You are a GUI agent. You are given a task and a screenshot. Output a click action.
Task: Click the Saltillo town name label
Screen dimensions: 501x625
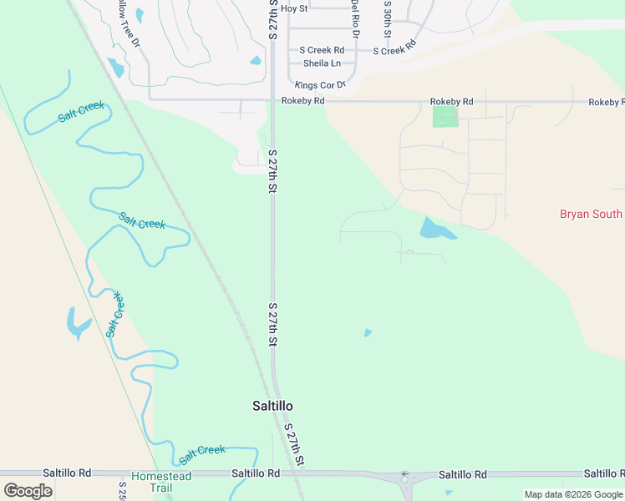[x=272, y=406]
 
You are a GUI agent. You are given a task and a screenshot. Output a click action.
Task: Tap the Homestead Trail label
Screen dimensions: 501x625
[x=160, y=482]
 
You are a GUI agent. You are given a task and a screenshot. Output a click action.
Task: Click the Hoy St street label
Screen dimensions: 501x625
[x=294, y=8]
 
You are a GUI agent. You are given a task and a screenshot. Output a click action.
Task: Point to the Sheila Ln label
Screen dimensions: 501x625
[x=322, y=63]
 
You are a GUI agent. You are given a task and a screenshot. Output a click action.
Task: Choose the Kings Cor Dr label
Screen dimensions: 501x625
[x=320, y=85]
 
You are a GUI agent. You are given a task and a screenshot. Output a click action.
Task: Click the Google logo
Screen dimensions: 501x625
[x=28, y=491]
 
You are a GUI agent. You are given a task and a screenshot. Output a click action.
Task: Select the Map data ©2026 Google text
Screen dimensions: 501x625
[x=573, y=494]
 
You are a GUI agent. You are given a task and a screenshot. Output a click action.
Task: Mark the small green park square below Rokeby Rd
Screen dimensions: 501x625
[x=445, y=117]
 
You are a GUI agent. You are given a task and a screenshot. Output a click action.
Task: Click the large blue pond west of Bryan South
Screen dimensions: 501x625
[x=435, y=229]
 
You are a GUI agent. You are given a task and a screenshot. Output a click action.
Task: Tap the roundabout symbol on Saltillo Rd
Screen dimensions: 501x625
[x=404, y=475]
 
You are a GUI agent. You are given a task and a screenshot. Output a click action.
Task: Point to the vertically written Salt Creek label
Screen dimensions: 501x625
[x=114, y=315]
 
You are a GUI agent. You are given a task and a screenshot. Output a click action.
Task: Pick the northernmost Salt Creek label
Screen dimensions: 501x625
[x=81, y=111]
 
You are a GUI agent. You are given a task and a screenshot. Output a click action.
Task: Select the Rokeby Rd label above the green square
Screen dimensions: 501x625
[x=451, y=101]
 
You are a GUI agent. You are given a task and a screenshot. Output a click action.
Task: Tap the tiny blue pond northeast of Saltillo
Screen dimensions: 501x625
[x=368, y=333]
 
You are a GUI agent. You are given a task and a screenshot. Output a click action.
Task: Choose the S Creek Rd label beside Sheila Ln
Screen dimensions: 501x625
[x=322, y=51]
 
